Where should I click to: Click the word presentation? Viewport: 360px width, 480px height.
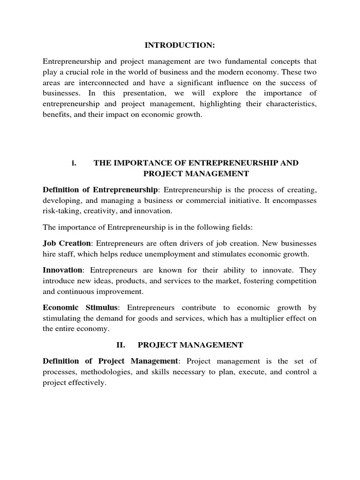pos(159,93)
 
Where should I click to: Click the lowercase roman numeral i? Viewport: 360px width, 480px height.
pos(74,163)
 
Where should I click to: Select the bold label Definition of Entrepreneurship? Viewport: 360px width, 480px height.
pos(100,190)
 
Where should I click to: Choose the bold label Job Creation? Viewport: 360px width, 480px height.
pos(66,244)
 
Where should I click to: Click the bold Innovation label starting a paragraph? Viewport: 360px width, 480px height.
pos(63,270)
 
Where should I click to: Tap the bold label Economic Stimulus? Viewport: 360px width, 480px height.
pos(81,307)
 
